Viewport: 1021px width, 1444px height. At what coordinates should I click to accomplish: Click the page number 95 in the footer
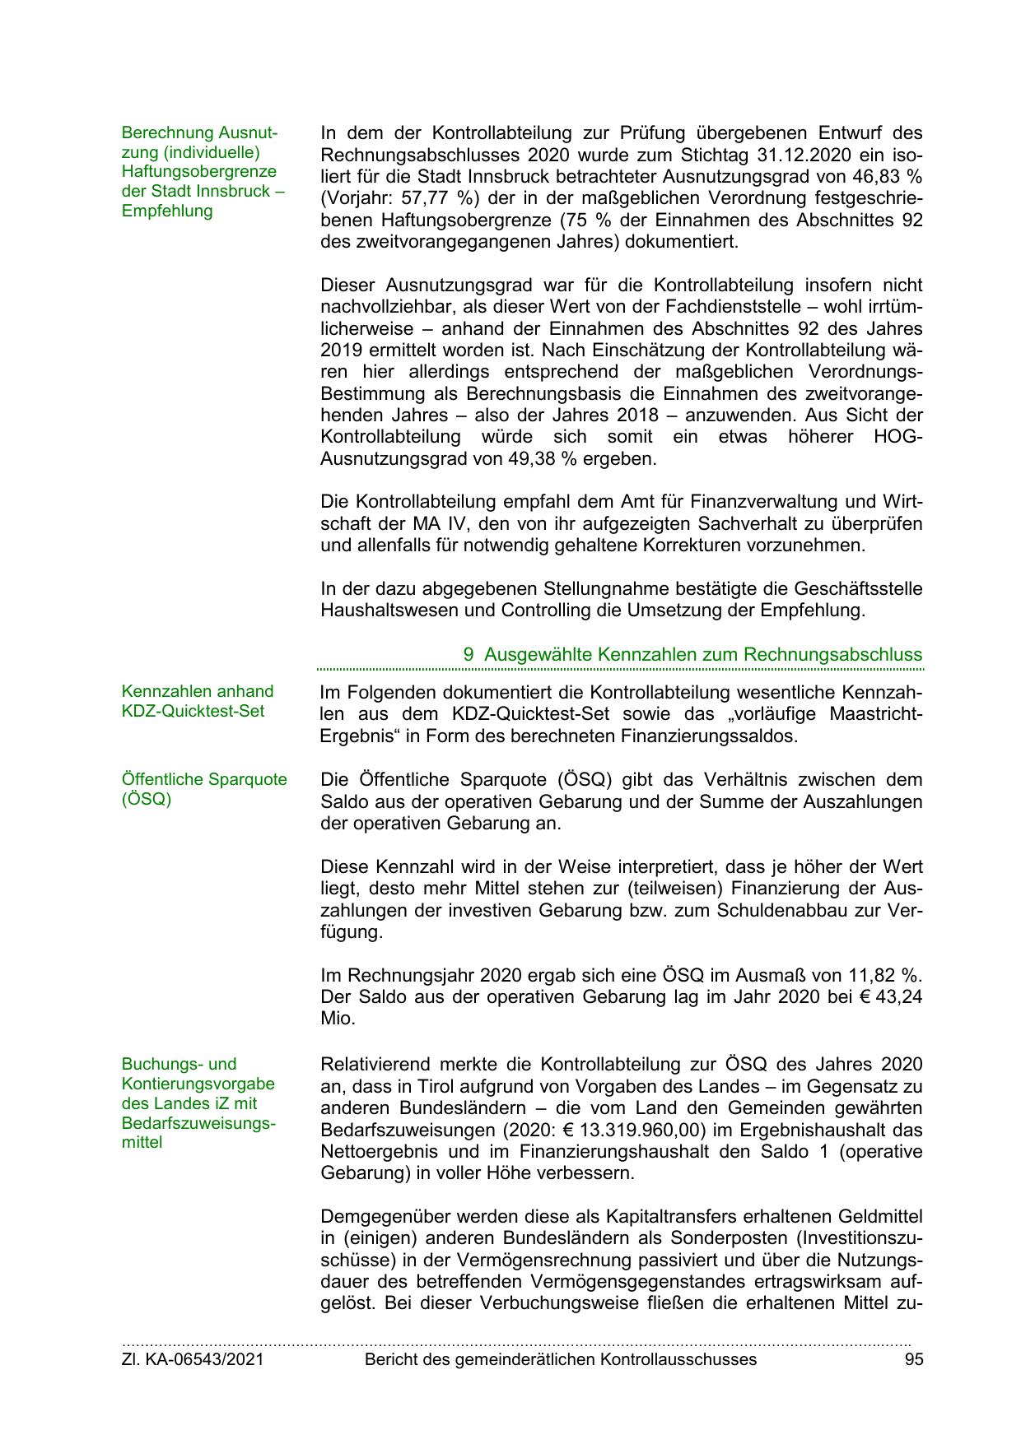click(x=913, y=1360)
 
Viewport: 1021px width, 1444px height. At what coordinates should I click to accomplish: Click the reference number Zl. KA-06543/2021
click(x=193, y=1360)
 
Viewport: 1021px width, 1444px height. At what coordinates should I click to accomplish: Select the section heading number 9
click(x=469, y=655)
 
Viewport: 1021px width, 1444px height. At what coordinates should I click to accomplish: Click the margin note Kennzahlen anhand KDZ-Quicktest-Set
click(x=198, y=701)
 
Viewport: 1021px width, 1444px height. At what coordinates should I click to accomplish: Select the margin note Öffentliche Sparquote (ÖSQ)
click(x=204, y=789)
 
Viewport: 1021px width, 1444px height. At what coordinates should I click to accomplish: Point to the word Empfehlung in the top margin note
click(x=167, y=211)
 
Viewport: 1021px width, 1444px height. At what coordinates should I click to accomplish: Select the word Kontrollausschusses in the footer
click(x=678, y=1360)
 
